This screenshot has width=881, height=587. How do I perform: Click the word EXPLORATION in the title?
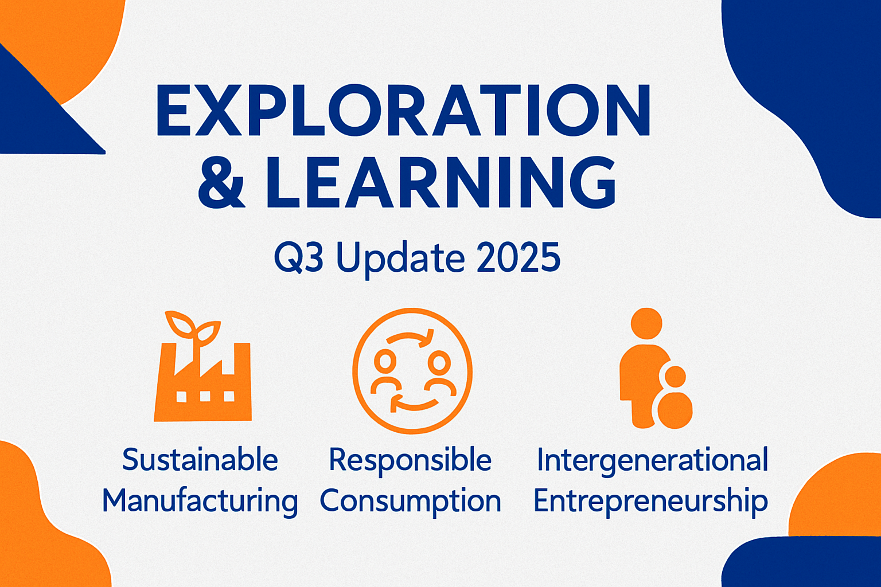click(x=403, y=111)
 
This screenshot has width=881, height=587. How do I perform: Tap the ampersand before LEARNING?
click(x=221, y=182)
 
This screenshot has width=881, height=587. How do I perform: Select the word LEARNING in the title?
click(x=440, y=182)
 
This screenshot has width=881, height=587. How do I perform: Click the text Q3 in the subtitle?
click(x=298, y=257)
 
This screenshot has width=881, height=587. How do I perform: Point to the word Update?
click(x=400, y=257)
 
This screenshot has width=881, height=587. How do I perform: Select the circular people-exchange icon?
click(x=412, y=371)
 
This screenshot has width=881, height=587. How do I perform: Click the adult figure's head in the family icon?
click(x=646, y=323)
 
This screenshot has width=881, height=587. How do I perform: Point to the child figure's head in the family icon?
click(x=675, y=377)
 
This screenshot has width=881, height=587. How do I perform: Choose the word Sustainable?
click(x=200, y=460)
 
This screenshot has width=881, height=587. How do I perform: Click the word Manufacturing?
click(x=200, y=501)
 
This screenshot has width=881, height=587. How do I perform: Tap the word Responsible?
click(x=410, y=460)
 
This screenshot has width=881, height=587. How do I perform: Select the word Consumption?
click(x=410, y=501)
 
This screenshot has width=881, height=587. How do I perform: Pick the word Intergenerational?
click(x=652, y=460)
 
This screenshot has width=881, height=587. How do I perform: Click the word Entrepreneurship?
click(x=650, y=501)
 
